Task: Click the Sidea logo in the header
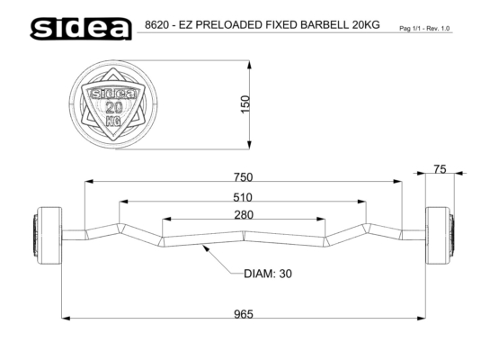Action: tap(81, 29)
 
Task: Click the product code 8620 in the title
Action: tap(156, 24)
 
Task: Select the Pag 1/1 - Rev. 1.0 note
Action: tap(424, 29)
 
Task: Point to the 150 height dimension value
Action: tap(246, 104)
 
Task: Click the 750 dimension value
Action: tap(243, 177)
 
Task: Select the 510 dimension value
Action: tap(243, 197)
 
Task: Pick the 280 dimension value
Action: tap(244, 215)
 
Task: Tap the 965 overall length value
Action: tap(244, 314)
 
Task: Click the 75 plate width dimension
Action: tap(440, 169)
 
